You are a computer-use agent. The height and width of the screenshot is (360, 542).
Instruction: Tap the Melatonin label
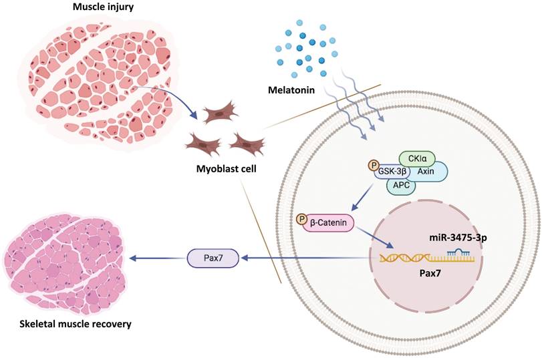[x=292, y=88]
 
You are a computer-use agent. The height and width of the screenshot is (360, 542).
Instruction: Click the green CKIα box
[x=417, y=158]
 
